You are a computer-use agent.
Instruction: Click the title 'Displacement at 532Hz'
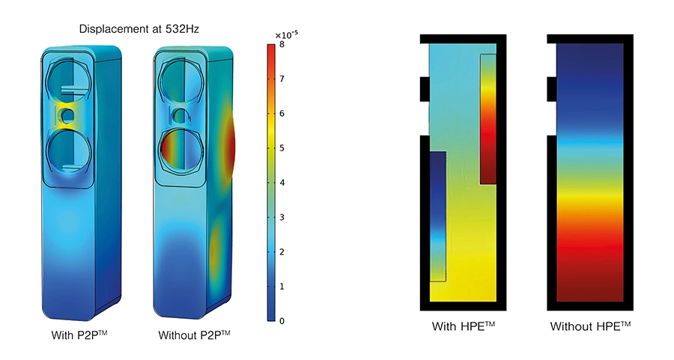pyautogui.click(x=139, y=29)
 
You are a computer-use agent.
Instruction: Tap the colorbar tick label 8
pyautogui.click(x=282, y=44)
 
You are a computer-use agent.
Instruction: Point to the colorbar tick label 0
pyautogui.click(x=282, y=321)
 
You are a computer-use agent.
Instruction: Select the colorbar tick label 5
pyautogui.click(x=282, y=148)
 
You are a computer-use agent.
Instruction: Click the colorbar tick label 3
pyautogui.click(x=282, y=217)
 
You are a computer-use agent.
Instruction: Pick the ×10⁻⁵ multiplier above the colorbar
pyautogui.click(x=286, y=34)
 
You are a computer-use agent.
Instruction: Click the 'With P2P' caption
pyautogui.click(x=79, y=335)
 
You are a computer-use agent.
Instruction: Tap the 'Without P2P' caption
pyautogui.click(x=194, y=335)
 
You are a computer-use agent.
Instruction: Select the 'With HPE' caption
pyautogui.click(x=464, y=326)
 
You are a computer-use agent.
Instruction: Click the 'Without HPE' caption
pyautogui.click(x=590, y=326)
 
